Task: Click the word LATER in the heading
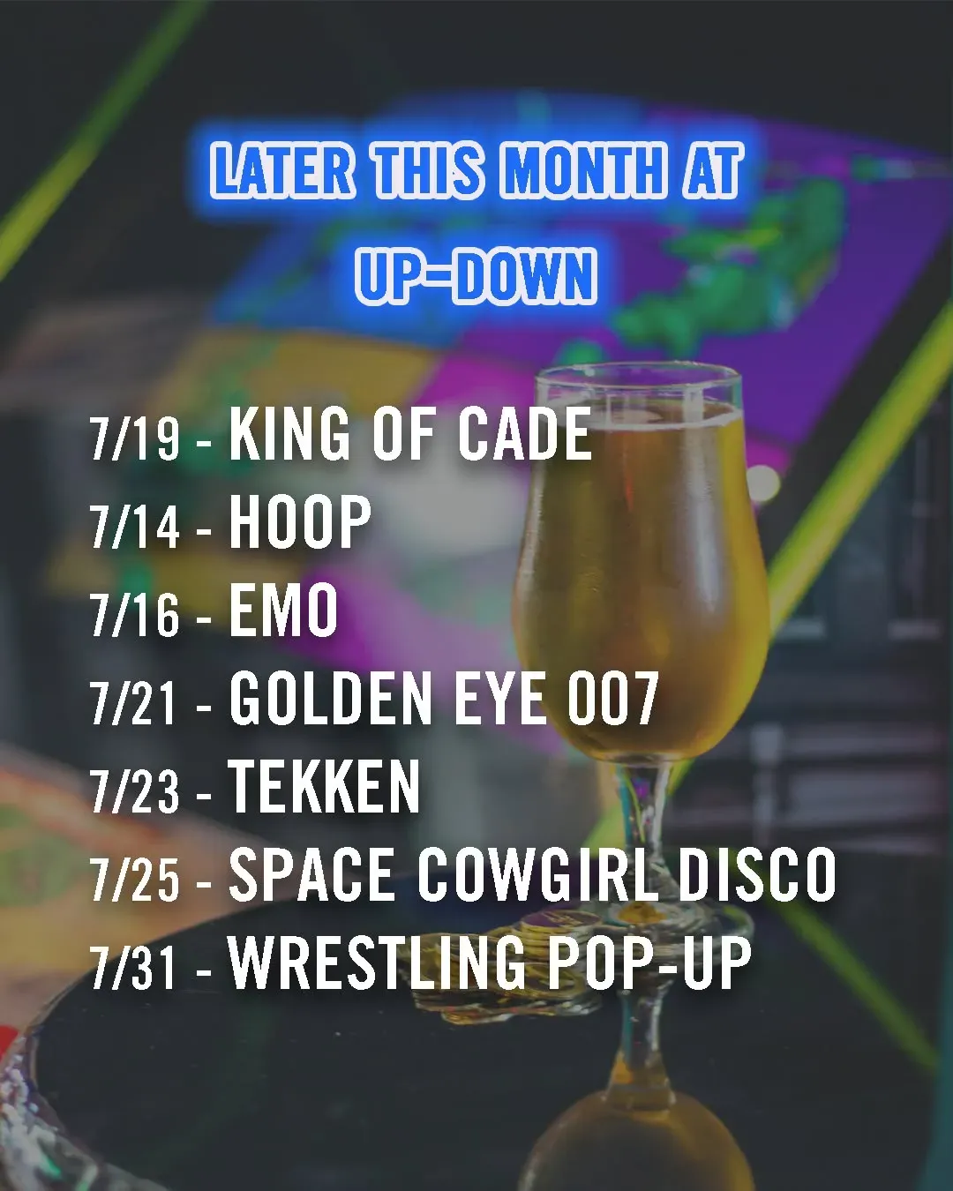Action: tap(281, 170)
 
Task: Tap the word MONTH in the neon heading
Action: tap(583, 170)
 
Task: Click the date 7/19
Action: tap(134, 438)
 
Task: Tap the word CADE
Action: tap(525, 432)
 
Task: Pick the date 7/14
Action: tap(134, 527)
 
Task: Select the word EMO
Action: tap(283, 610)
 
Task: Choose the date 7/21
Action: tap(133, 703)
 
